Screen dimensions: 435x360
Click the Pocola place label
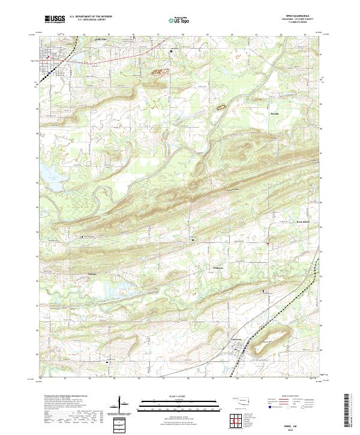pos(275,112)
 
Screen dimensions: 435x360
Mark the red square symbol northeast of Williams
pos(267,243)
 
